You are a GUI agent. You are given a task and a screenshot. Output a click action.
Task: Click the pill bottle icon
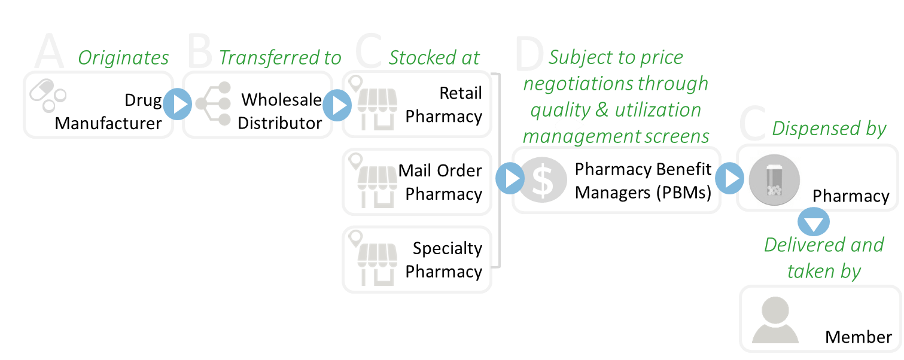774,179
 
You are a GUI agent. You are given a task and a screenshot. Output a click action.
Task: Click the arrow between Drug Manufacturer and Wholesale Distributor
178,105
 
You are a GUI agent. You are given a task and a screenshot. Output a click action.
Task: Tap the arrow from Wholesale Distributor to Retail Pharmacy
337,106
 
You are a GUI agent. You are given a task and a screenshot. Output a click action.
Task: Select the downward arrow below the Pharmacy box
814,222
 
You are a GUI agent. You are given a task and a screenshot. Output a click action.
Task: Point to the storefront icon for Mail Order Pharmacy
376,182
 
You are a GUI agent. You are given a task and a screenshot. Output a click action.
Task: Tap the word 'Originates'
123,57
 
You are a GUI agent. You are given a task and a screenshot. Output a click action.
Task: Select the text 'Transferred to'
280,57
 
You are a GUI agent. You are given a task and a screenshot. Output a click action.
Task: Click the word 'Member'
858,337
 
